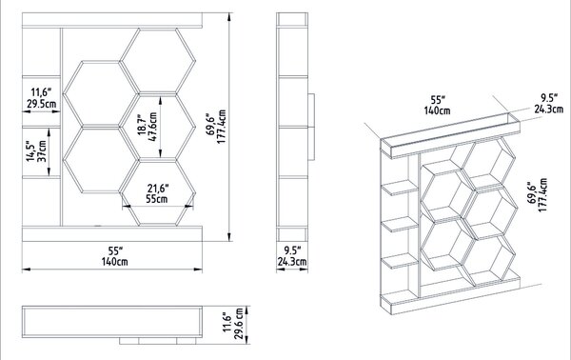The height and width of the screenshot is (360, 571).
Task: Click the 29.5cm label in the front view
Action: coord(42,104)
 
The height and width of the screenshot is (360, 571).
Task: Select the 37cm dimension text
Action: coord(43,151)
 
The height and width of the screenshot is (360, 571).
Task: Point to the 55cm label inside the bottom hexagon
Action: coord(157,199)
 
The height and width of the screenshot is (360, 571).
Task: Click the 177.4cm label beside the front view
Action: coord(222,127)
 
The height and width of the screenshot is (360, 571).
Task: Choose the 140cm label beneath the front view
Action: coord(115,262)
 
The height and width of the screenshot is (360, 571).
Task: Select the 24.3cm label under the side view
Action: coord(292,262)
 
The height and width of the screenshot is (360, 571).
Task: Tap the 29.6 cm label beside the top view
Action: coord(239,324)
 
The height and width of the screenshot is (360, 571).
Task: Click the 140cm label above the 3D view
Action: coord(437,110)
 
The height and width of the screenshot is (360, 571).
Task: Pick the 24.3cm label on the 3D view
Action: coord(549,109)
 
